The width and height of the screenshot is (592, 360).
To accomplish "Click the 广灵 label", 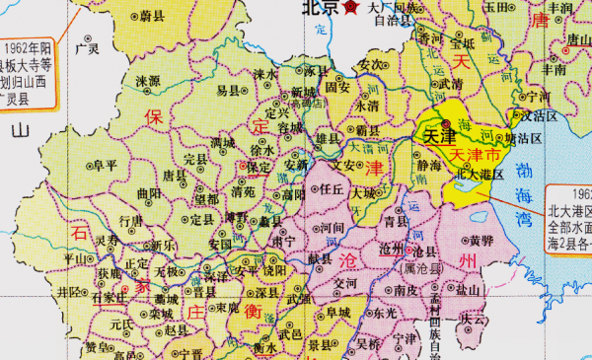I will tap(88, 48).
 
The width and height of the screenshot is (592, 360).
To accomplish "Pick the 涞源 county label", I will tap(148, 81).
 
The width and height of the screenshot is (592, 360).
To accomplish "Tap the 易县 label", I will tap(228, 90).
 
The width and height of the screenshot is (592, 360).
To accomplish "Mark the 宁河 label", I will tap(538, 97).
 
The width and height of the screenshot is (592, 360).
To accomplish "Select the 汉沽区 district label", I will tap(542, 115).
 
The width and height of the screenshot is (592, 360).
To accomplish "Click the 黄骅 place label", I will tap(481, 240).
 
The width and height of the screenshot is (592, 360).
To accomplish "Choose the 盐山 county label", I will tap(468, 291).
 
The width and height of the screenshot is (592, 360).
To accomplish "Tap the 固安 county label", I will tap(338, 87).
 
